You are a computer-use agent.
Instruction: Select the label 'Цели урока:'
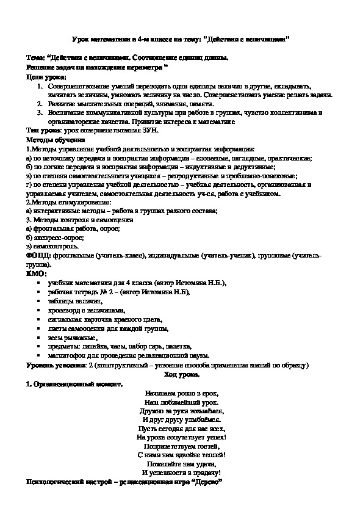point(46,78)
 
